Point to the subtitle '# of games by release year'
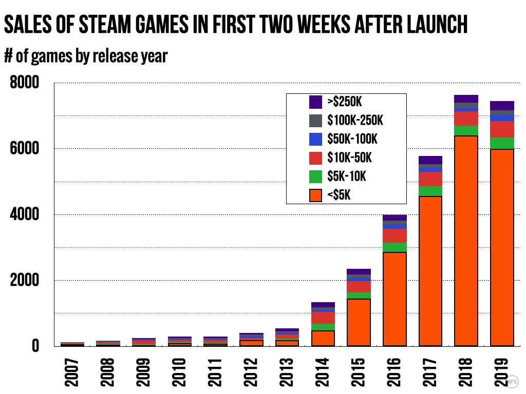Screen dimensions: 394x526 [x=86, y=55]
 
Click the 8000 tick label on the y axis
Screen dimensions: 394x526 [x=25, y=83]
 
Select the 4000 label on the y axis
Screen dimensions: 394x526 [x=25, y=214]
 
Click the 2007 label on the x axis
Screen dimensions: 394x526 [x=71, y=370]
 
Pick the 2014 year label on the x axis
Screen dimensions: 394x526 [x=322, y=370]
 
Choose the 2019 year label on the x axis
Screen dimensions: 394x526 [x=502, y=370]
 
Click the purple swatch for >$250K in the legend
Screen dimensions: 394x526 [x=315, y=102]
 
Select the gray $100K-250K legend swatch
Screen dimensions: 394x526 [x=315, y=121]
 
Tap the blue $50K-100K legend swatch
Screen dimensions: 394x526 [x=315, y=139]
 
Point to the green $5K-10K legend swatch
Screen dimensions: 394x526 [x=315, y=176]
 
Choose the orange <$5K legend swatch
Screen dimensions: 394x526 [x=315, y=195]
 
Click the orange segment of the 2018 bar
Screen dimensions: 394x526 [x=466, y=241]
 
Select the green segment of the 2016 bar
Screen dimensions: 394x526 [x=394, y=247]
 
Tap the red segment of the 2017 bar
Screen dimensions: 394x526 [x=430, y=179]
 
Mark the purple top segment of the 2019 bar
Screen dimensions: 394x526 [x=502, y=106]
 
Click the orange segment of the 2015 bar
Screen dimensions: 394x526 [x=359, y=322]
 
